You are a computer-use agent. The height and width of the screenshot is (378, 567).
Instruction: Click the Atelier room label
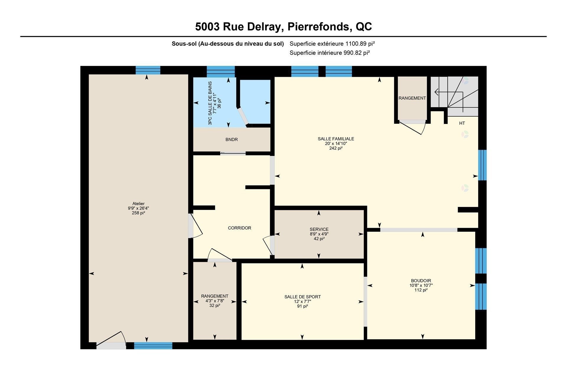point(138,203)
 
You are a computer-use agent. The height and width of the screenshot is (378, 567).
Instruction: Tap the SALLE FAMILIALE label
point(336,139)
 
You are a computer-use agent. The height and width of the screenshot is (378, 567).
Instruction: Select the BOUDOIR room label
point(421,281)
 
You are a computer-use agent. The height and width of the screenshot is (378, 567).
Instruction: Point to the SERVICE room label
point(319,229)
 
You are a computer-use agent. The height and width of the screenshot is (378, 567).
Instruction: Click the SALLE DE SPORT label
point(302,297)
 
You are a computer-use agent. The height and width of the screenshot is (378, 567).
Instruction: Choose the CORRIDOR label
point(239,228)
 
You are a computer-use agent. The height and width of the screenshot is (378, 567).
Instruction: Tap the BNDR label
point(232,139)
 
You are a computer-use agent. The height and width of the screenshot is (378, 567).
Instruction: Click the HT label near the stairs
point(462,123)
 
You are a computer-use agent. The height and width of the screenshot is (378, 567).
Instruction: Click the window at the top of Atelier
point(148,70)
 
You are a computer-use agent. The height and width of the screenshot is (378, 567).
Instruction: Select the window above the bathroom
point(221,71)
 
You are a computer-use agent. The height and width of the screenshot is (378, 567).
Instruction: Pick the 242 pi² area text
point(336,148)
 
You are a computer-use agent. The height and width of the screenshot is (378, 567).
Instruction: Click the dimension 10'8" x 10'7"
point(421,285)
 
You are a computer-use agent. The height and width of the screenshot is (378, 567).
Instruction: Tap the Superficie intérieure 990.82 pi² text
point(330,53)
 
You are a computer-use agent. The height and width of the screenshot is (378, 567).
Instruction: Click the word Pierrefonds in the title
point(319,27)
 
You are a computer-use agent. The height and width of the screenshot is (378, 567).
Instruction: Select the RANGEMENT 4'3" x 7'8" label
point(215,296)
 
